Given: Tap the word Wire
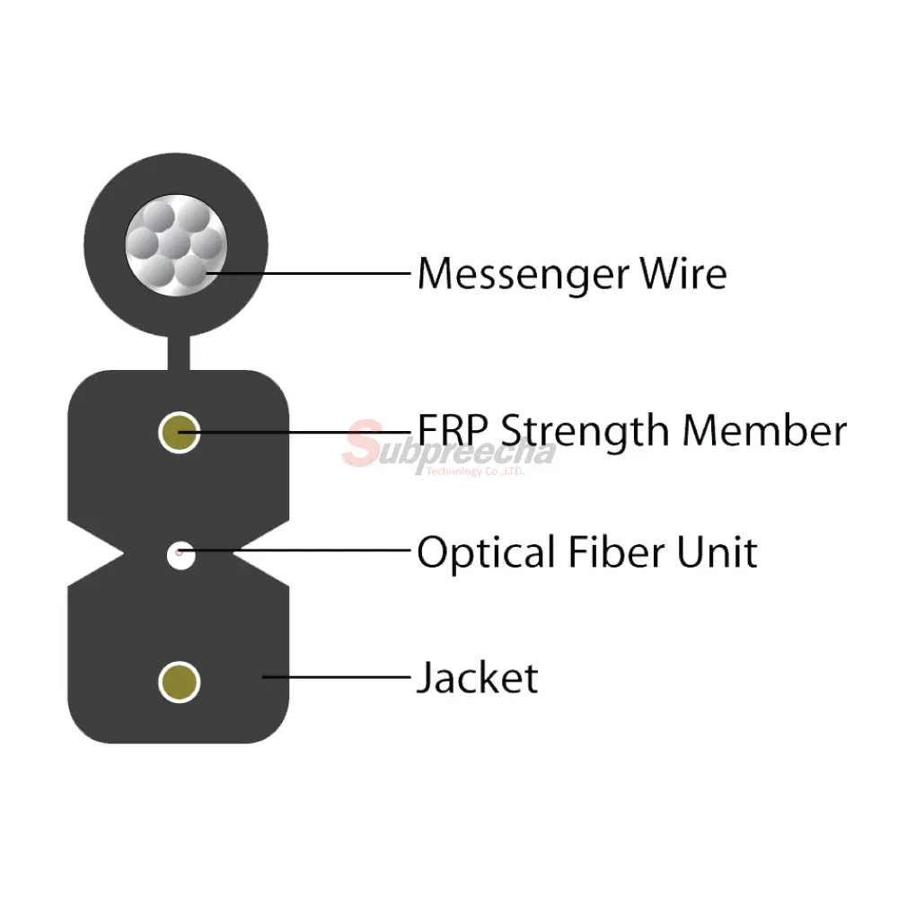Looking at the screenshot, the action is [x=683, y=273].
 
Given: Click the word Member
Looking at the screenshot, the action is [x=764, y=430].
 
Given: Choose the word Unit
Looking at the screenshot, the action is [x=717, y=551].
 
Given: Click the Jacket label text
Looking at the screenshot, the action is [x=478, y=677].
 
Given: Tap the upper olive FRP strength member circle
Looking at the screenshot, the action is [x=180, y=433].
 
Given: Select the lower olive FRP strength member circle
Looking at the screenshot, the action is [x=180, y=682].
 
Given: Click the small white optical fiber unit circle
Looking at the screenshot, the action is [x=181, y=555].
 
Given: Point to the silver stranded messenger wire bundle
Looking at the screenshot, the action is [x=176, y=245].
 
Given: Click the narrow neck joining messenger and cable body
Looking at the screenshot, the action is [x=179, y=353].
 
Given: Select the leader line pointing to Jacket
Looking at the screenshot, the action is [x=336, y=677].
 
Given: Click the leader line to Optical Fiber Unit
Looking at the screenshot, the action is [x=295, y=550].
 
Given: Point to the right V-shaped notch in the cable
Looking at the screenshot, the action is [x=261, y=554].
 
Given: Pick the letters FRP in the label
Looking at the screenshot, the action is [x=453, y=430].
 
